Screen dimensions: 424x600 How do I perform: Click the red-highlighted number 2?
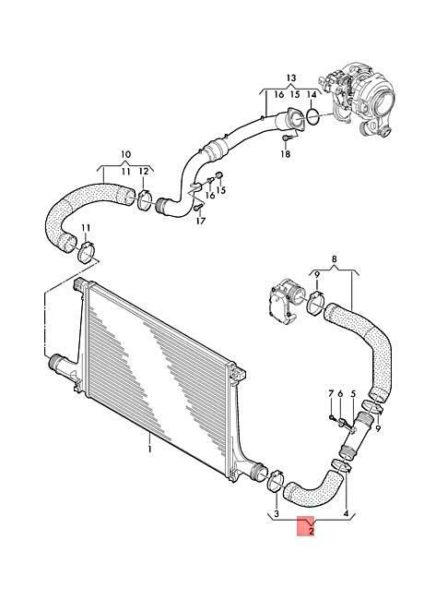[312, 531]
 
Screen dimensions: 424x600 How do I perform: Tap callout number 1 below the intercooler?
[149, 448]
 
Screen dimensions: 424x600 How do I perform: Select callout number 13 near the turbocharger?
[291, 78]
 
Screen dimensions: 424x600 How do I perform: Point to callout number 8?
[335, 258]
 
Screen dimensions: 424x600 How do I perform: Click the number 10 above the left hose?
[125, 154]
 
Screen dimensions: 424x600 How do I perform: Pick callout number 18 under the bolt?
[286, 154]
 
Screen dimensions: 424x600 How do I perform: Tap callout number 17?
[201, 221]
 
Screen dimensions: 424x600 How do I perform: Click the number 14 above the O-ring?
[312, 94]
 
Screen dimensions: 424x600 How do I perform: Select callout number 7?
[331, 393]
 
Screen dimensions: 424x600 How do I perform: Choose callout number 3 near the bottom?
[277, 513]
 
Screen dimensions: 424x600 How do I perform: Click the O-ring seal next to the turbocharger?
[313, 116]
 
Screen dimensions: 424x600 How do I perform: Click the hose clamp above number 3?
[276, 481]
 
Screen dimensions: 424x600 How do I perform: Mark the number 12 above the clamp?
[144, 172]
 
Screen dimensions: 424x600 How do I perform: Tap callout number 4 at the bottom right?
[346, 513]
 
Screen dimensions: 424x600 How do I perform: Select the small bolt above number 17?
[197, 207]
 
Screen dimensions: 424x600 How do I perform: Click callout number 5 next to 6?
[353, 393]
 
